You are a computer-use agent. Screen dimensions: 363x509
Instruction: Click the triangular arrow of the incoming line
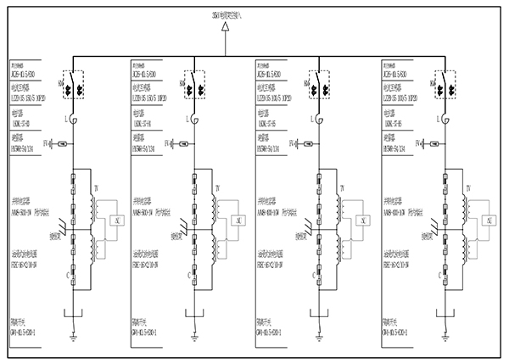[x=226, y=28]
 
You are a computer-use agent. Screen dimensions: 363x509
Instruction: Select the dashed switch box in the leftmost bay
[x=73, y=85]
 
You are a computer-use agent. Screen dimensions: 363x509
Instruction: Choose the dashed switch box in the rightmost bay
[x=442, y=85]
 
